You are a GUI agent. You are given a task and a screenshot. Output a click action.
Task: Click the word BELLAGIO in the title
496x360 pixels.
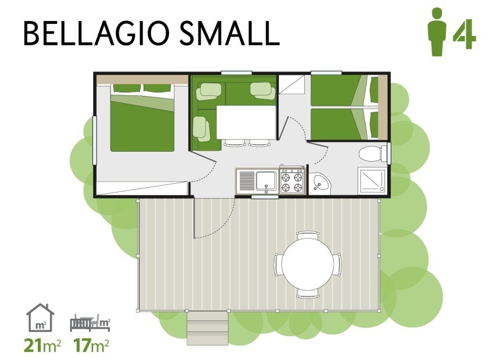point(97,33)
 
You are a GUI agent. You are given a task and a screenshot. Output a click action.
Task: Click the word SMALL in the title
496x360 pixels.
point(230,33)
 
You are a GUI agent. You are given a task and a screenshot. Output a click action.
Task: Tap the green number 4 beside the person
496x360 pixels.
point(464,34)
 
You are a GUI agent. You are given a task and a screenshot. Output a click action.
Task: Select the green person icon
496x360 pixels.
point(437,32)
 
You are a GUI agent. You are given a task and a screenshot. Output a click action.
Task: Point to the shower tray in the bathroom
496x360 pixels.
point(372,181)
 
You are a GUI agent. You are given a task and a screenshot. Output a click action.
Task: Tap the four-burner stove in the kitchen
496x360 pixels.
point(292,180)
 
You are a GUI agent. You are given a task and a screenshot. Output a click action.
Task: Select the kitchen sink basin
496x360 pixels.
point(266,181)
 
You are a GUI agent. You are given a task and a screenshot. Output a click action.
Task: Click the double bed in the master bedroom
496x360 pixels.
point(142,117)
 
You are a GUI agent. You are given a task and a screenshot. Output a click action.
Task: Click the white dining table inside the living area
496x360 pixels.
point(246,122)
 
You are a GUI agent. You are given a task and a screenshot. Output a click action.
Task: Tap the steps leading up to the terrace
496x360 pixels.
point(208,328)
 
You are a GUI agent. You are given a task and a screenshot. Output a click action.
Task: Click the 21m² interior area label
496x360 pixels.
point(42,345)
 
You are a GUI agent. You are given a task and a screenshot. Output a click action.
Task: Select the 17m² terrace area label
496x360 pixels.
point(91,345)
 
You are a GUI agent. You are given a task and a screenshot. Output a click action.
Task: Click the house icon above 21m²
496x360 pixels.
point(40,318)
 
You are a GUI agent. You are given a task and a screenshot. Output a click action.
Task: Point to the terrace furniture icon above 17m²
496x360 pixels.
point(90,323)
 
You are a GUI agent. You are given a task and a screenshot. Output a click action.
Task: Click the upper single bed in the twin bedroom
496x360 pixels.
point(344,91)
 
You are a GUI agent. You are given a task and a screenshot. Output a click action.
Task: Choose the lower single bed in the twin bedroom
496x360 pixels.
point(344,124)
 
